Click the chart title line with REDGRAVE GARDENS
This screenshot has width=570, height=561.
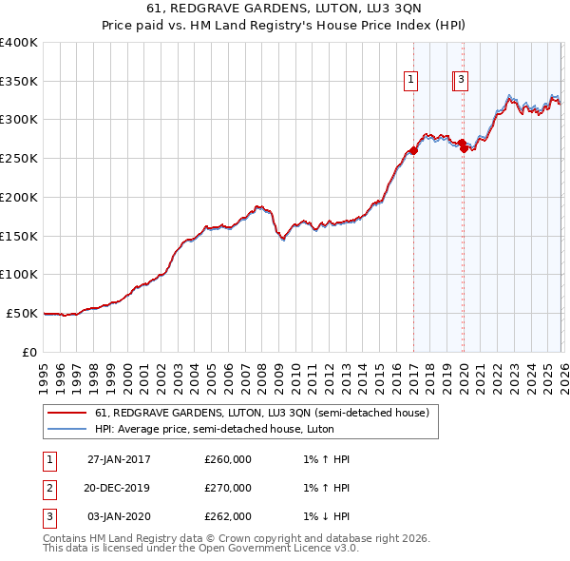[285, 9]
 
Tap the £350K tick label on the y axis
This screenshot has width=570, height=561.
[19, 82]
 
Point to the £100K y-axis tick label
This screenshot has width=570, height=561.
[19, 275]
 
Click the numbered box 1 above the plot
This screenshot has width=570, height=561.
[412, 81]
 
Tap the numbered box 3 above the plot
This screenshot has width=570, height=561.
[461, 81]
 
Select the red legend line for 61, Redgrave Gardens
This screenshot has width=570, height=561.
[66, 413]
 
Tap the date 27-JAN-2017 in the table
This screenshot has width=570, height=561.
[119, 459]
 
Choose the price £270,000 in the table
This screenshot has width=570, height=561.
[228, 488]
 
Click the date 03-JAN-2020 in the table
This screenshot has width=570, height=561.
[119, 516]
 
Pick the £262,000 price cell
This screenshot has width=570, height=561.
[228, 516]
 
